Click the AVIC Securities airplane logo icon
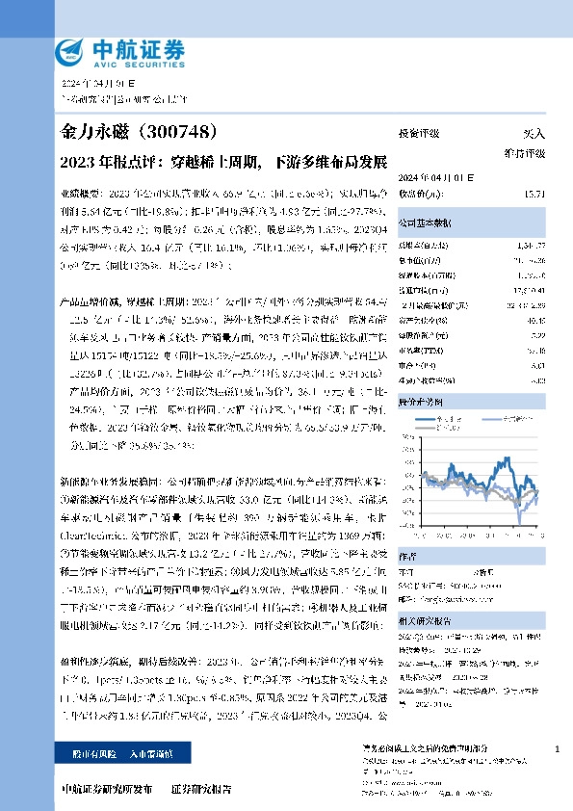click(70, 51)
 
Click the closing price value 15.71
click(534, 195)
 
